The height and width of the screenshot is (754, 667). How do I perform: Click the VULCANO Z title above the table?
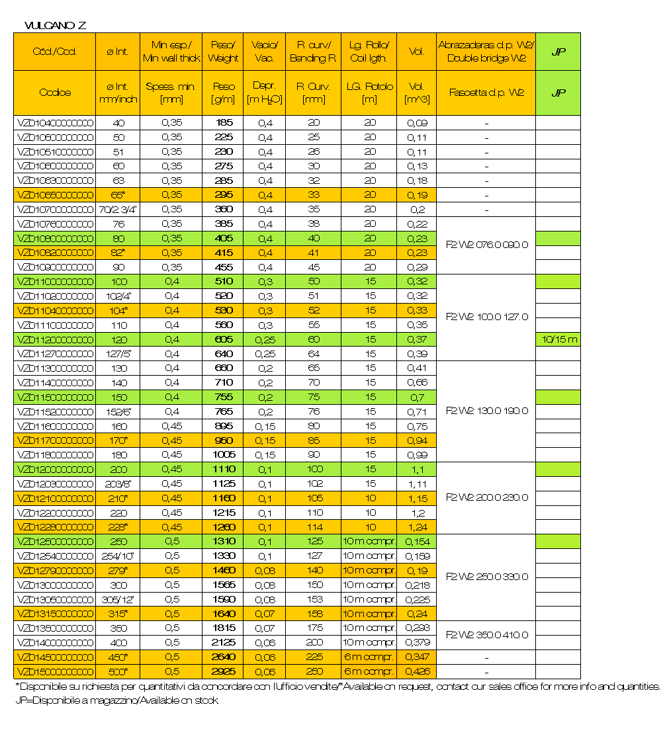pyautogui.click(x=55, y=26)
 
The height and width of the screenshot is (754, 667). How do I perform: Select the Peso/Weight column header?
pyautogui.click(x=223, y=52)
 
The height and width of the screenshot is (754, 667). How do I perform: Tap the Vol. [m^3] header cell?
pyautogui.click(x=416, y=93)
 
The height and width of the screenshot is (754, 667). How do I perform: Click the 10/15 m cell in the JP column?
pyautogui.click(x=558, y=339)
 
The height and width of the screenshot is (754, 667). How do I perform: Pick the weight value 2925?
pyautogui.click(x=223, y=672)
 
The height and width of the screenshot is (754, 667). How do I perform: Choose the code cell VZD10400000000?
pyautogui.click(x=56, y=123)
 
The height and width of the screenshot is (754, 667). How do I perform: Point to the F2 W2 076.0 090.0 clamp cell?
pyautogui.click(x=486, y=245)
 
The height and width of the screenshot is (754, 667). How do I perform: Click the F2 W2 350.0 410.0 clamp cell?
pyautogui.click(x=486, y=635)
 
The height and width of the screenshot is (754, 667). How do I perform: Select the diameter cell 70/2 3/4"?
pyautogui.click(x=117, y=210)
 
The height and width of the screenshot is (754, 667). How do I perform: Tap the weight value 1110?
pyautogui.click(x=223, y=469)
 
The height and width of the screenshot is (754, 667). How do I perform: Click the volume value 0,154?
pyautogui.click(x=416, y=542)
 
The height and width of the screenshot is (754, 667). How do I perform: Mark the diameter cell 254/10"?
pyautogui.click(x=117, y=556)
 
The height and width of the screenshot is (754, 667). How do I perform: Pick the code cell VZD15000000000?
pyautogui.click(x=56, y=672)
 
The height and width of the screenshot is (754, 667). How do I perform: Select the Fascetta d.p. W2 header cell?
pyautogui.click(x=486, y=93)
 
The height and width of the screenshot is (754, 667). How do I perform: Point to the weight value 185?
pyautogui.click(x=223, y=123)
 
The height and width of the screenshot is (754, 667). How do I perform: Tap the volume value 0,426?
pyautogui.click(x=416, y=672)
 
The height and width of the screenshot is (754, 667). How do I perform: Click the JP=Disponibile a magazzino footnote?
pyautogui.click(x=116, y=701)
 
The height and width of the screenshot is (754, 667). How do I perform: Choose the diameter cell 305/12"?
pyautogui.click(x=117, y=599)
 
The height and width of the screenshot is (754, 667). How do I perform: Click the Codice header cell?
pyautogui.click(x=56, y=93)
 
